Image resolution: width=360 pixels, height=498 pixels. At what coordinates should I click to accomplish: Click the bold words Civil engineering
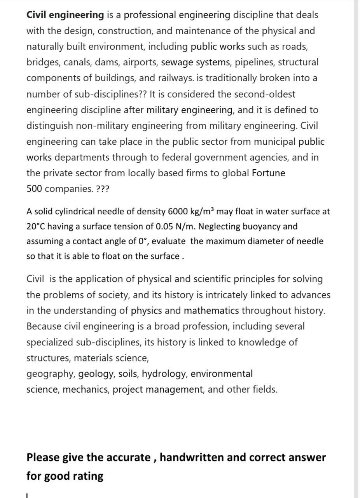[x=65, y=15]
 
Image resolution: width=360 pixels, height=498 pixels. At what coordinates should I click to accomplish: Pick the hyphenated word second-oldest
[x=256, y=94]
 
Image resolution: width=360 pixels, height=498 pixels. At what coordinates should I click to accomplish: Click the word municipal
[x=274, y=142]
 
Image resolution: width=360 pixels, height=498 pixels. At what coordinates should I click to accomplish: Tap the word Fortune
[x=268, y=173]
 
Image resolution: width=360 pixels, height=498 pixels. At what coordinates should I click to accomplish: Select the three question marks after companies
[x=103, y=189]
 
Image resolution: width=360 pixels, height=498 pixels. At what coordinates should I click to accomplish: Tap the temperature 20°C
[x=35, y=226]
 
